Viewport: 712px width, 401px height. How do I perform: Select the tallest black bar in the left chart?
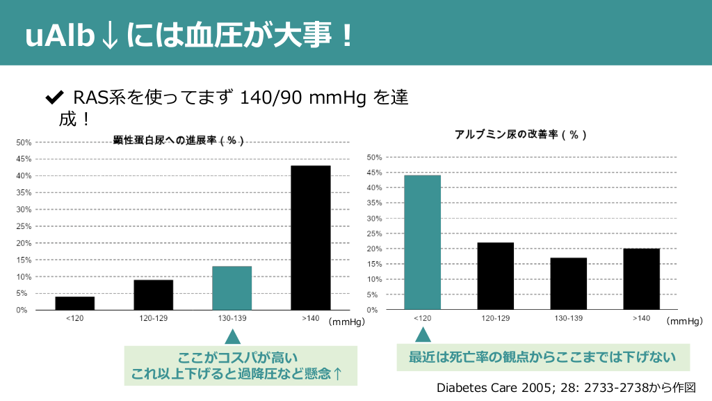310,237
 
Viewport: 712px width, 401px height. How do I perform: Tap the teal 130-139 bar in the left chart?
232,288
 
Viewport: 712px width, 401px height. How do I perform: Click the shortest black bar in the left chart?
75,303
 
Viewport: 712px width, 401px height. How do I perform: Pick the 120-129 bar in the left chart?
153,294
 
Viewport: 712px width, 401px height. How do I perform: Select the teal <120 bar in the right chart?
422,242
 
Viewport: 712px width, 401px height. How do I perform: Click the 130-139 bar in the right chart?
568,283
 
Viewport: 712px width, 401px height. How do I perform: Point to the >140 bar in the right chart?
641,279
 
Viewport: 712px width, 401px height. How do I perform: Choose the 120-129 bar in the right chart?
495,276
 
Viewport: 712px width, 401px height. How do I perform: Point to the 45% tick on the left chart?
24,159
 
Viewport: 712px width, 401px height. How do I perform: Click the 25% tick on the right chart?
375,233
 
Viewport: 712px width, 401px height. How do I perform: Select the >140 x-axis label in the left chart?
310,318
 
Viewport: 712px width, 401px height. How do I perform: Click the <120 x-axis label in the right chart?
422,318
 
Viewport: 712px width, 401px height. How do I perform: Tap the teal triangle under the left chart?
232,337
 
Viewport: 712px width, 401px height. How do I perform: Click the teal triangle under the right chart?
423,335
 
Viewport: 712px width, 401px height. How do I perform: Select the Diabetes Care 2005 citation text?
565,387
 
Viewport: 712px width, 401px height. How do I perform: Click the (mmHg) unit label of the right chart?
683,322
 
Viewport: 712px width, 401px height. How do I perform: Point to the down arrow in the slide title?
109,37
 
